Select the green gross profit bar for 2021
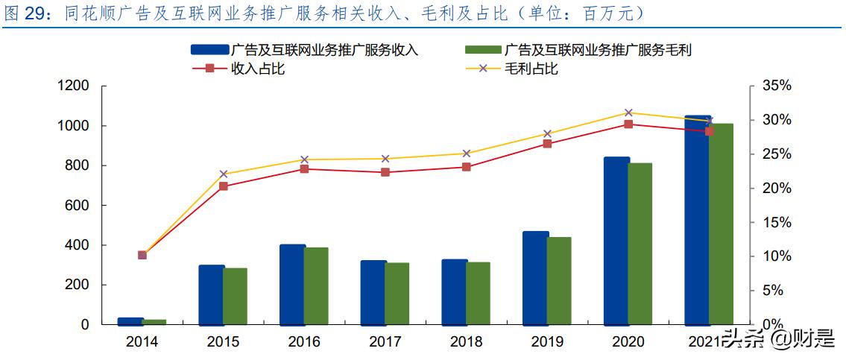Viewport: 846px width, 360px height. click(721, 224)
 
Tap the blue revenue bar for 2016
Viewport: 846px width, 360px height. click(292, 285)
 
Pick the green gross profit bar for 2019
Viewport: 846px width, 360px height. click(559, 281)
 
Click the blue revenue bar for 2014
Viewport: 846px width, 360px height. click(130, 321)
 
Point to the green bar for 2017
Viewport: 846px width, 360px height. click(397, 294)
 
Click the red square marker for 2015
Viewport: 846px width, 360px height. click(224, 186)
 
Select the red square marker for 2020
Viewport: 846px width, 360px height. click(628, 124)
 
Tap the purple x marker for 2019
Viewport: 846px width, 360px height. click(547, 134)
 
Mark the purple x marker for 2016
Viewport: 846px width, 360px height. click(305, 160)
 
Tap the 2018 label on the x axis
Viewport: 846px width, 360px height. click(467, 341)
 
